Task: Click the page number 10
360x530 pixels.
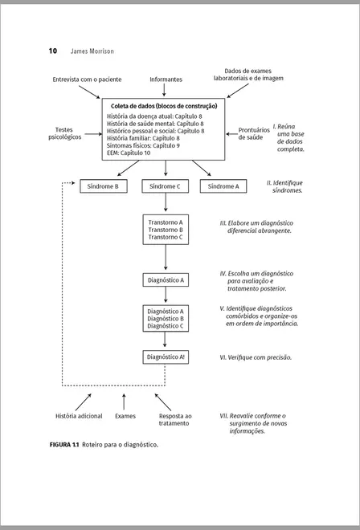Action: [x=52, y=51]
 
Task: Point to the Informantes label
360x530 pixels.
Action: [x=166, y=79]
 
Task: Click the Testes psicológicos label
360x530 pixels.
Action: [x=65, y=133]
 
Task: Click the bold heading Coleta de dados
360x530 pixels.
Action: [x=163, y=106]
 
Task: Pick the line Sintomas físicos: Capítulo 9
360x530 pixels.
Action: [x=143, y=145]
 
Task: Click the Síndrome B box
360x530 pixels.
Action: [x=103, y=186]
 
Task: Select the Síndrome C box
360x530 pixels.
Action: [x=166, y=186]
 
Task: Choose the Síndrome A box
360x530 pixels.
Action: [x=223, y=186]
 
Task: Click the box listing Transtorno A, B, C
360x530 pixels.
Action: [x=166, y=229]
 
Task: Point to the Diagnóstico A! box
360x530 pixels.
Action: [x=166, y=356]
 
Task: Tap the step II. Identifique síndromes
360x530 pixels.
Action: [x=285, y=187]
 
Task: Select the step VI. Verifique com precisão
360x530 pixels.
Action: [x=256, y=357]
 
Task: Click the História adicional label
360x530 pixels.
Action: [x=79, y=416]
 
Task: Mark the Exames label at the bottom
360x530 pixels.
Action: [x=125, y=416]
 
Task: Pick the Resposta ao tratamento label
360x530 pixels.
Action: [x=175, y=420]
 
